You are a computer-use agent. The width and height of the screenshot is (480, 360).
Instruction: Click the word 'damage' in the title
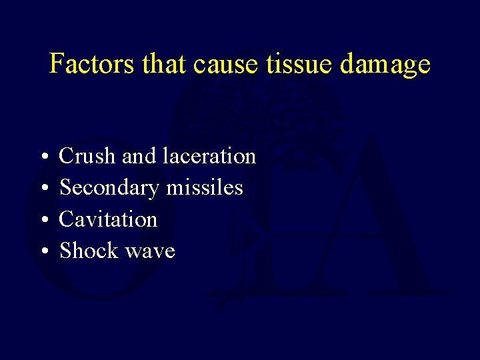click(385, 65)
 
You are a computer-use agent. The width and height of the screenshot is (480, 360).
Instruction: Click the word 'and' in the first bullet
click(140, 156)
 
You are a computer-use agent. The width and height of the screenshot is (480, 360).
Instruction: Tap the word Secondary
click(110, 188)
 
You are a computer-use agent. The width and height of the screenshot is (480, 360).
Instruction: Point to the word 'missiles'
click(205, 188)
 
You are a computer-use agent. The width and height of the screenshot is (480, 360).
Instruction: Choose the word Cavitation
click(109, 219)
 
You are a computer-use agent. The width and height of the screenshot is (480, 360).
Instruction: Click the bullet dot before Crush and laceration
click(43, 157)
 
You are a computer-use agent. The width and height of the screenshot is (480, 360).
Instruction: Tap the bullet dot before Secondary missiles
click(43, 189)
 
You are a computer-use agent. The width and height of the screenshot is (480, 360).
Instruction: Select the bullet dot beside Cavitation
click(43, 220)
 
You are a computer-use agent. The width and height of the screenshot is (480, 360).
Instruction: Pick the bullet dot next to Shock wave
click(43, 252)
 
